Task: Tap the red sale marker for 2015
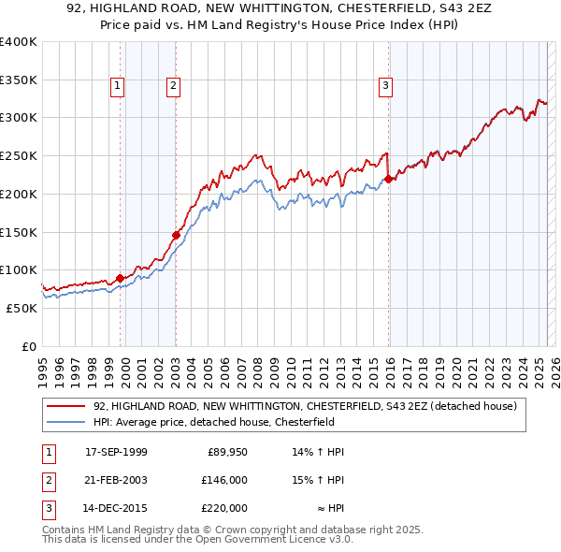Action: (388, 179)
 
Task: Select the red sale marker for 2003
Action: (176, 235)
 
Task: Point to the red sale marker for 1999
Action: (120, 278)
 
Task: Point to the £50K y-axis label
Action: (21, 308)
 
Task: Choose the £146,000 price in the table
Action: (223, 480)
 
